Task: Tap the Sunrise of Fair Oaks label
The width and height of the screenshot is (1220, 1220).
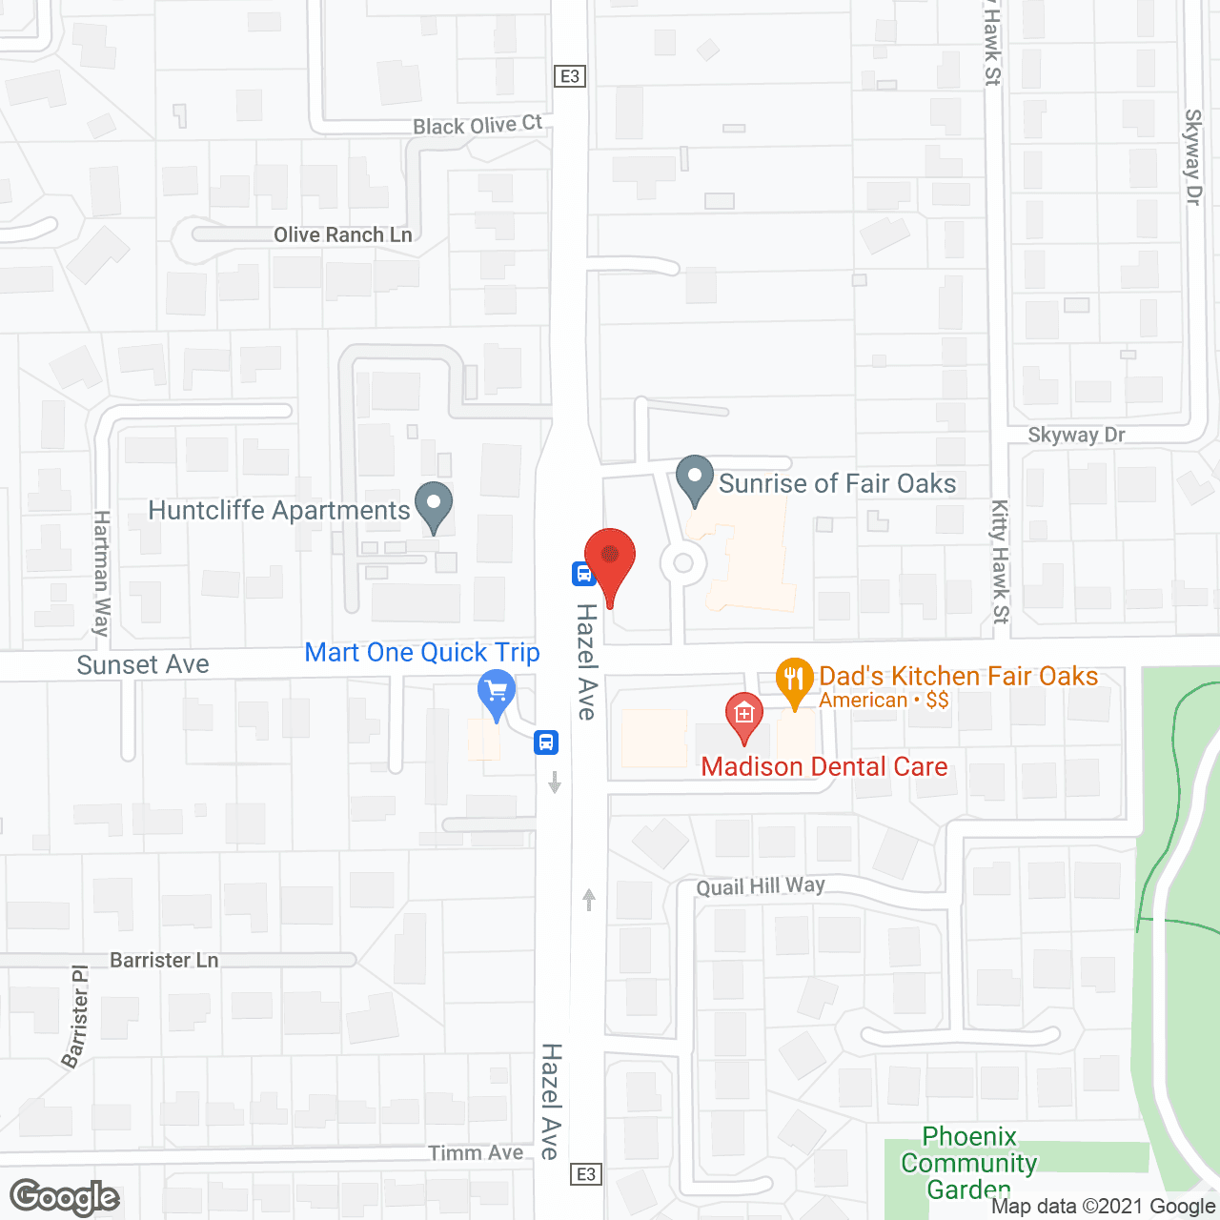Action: coord(837,483)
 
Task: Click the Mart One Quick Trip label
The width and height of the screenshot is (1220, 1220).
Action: coord(422,653)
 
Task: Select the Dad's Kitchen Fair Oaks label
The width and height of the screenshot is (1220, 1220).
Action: coord(958,676)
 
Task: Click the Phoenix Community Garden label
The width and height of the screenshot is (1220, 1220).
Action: coord(969,1163)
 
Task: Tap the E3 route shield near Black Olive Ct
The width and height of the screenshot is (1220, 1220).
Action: coord(570,76)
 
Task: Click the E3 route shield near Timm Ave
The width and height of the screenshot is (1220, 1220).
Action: coord(586,1174)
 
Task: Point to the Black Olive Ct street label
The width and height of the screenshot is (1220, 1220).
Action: coord(478,125)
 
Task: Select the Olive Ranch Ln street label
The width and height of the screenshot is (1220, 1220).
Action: coord(343,234)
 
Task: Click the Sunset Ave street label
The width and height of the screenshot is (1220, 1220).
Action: coord(143,664)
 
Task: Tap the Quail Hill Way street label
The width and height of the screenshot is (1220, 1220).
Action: coord(761,886)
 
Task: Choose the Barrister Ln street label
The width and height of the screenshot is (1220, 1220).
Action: coord(164,960)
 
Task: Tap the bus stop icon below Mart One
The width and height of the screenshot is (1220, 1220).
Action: coord(546,742)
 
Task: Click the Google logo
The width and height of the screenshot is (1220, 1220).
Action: coord(65,1197)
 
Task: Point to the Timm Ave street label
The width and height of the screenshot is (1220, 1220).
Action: coord(476,1153)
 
